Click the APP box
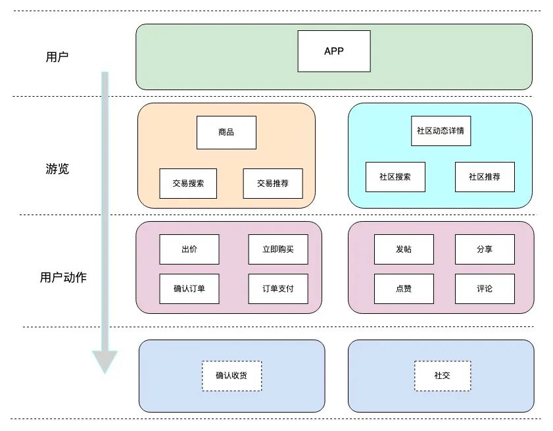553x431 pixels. click(x=334, y=51)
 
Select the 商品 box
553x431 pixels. click(x=226, y=132)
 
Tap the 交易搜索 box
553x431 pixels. click(x=189, y=184)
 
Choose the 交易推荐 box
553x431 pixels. click(x=273, y=184)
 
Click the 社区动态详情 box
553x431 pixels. click(x=441, y=130)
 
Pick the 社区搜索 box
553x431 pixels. click(x=395, y=177)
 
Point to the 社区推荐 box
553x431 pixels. click(x=485, y=177)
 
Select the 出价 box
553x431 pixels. click(x=189, y=249)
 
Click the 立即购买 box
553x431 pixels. click(x=278, y=249)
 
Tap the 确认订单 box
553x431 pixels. click(x=189, y=289)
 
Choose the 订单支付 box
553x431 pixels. click(x=278, y=289)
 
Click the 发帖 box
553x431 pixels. click(x=404, y=249)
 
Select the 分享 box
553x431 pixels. click(x=485, y=249)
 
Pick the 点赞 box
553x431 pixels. click(x=404, y=289)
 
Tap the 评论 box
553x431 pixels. click(x=485, y=289)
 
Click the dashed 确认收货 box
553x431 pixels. click(x=231, y=376)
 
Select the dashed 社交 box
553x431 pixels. click(x=442, y=376)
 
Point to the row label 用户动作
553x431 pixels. click(x=63, y=278)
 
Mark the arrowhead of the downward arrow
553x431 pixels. click(x=105, y=362)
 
